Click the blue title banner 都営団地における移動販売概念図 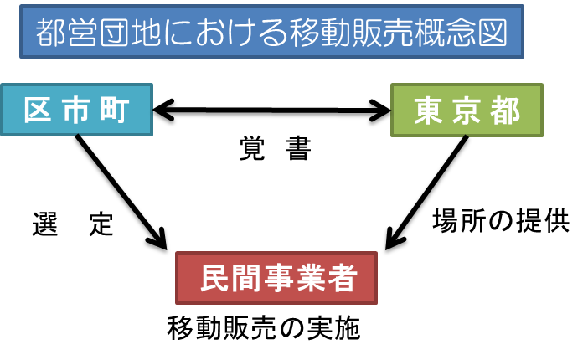point(271,32)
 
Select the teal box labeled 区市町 point(77,110)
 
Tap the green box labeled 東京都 point(467,111)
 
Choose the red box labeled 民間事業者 point(276,278)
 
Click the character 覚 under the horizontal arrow point(252,148)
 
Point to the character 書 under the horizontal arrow point(298,148)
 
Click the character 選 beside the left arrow point(45,224)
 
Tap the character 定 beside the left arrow point(101,224)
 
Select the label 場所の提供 point(501,221)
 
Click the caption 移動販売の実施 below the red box point(264,328)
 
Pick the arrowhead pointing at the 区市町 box point(163,110)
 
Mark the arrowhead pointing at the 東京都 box point(380,111)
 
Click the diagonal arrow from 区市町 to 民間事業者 point(121,192)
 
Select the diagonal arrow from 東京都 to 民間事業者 point(426,193)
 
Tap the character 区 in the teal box point(38,111)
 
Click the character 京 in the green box point(467,111)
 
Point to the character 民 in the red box point(215,278)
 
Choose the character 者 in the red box point(343,278)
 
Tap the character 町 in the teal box point(115,111)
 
